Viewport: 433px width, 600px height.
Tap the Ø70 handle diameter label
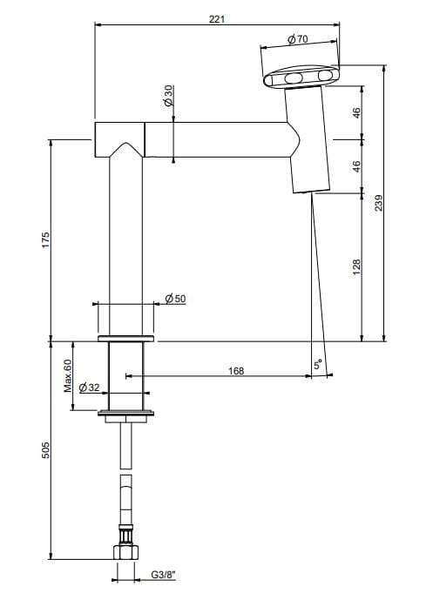tap(296, 39)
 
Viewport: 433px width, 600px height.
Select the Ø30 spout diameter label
tap(167, 96)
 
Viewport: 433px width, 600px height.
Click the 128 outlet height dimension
tap(356, 266)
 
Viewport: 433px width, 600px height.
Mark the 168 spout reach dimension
tap(235, 370)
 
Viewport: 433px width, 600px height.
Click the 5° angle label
tap(319, 367)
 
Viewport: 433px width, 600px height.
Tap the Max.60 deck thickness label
tap(67, 374)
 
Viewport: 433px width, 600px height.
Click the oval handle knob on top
tap(299, 80)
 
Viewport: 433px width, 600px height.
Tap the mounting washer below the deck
tap(125, 413)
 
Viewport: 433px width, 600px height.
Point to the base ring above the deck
tap(125, 337)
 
